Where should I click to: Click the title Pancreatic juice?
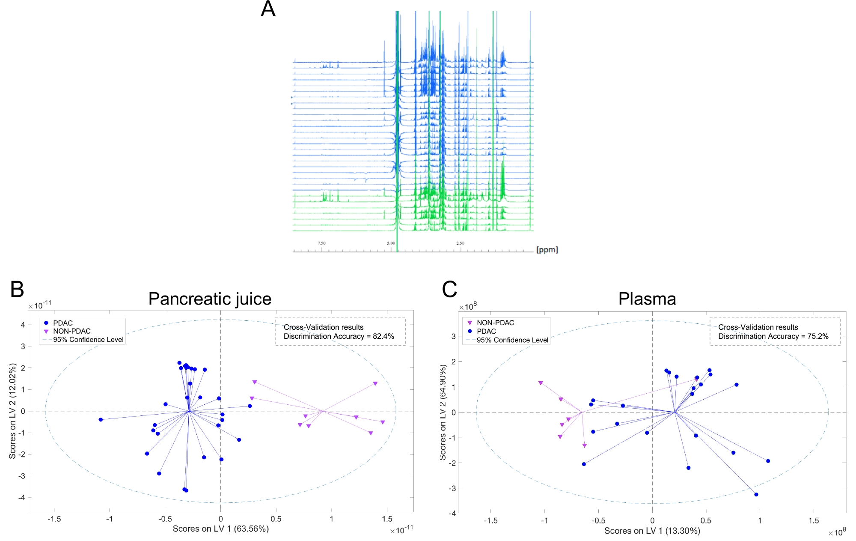click(210, 299)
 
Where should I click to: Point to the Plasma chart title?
click(647, 299)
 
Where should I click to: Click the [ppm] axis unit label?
click(547, 250)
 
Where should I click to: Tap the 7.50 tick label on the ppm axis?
click(321, 243)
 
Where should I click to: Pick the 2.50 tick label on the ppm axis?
click(460, 243)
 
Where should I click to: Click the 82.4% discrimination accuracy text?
click(383, 336)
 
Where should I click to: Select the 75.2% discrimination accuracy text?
click(817, 336)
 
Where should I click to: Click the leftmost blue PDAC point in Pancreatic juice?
click(101, 420)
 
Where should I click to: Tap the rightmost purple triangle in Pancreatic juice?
click(383, 422)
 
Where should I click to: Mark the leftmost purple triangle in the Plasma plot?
click(541, 383)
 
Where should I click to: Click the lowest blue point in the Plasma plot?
click(756, 495)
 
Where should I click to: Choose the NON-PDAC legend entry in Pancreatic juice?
click(71, 331)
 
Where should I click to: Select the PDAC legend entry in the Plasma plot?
click(486, 331)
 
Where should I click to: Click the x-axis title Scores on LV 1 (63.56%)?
click(220, 529)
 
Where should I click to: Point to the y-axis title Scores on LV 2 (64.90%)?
click(443, 412)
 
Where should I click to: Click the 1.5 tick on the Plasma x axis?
click(813, 521)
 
